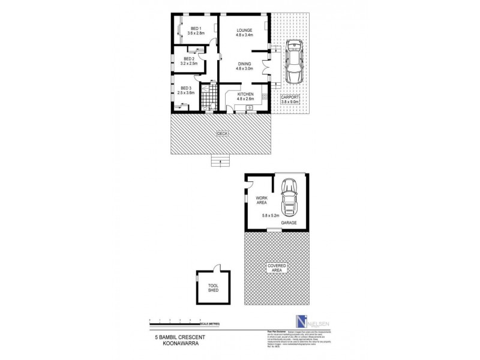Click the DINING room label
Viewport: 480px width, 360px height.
pos(244,66)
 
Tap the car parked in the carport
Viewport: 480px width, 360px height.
pos(293,62)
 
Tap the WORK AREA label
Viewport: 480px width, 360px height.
pos(262,201)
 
